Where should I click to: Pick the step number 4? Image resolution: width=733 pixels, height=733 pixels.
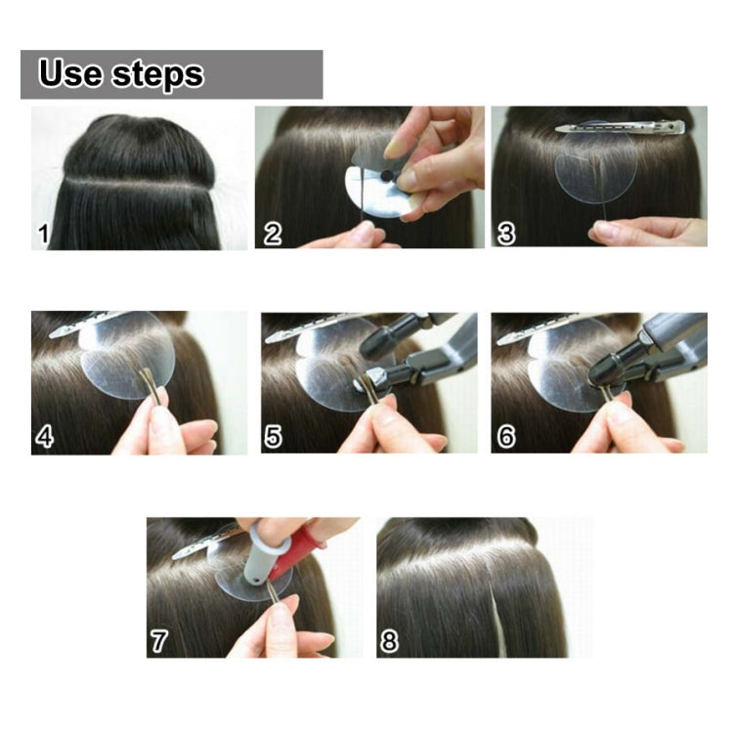[44, 436]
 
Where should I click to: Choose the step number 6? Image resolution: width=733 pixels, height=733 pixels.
[506, 436]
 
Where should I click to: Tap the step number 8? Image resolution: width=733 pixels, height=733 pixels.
[389, 641]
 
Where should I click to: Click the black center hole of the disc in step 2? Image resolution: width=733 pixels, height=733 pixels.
[387, 177]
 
